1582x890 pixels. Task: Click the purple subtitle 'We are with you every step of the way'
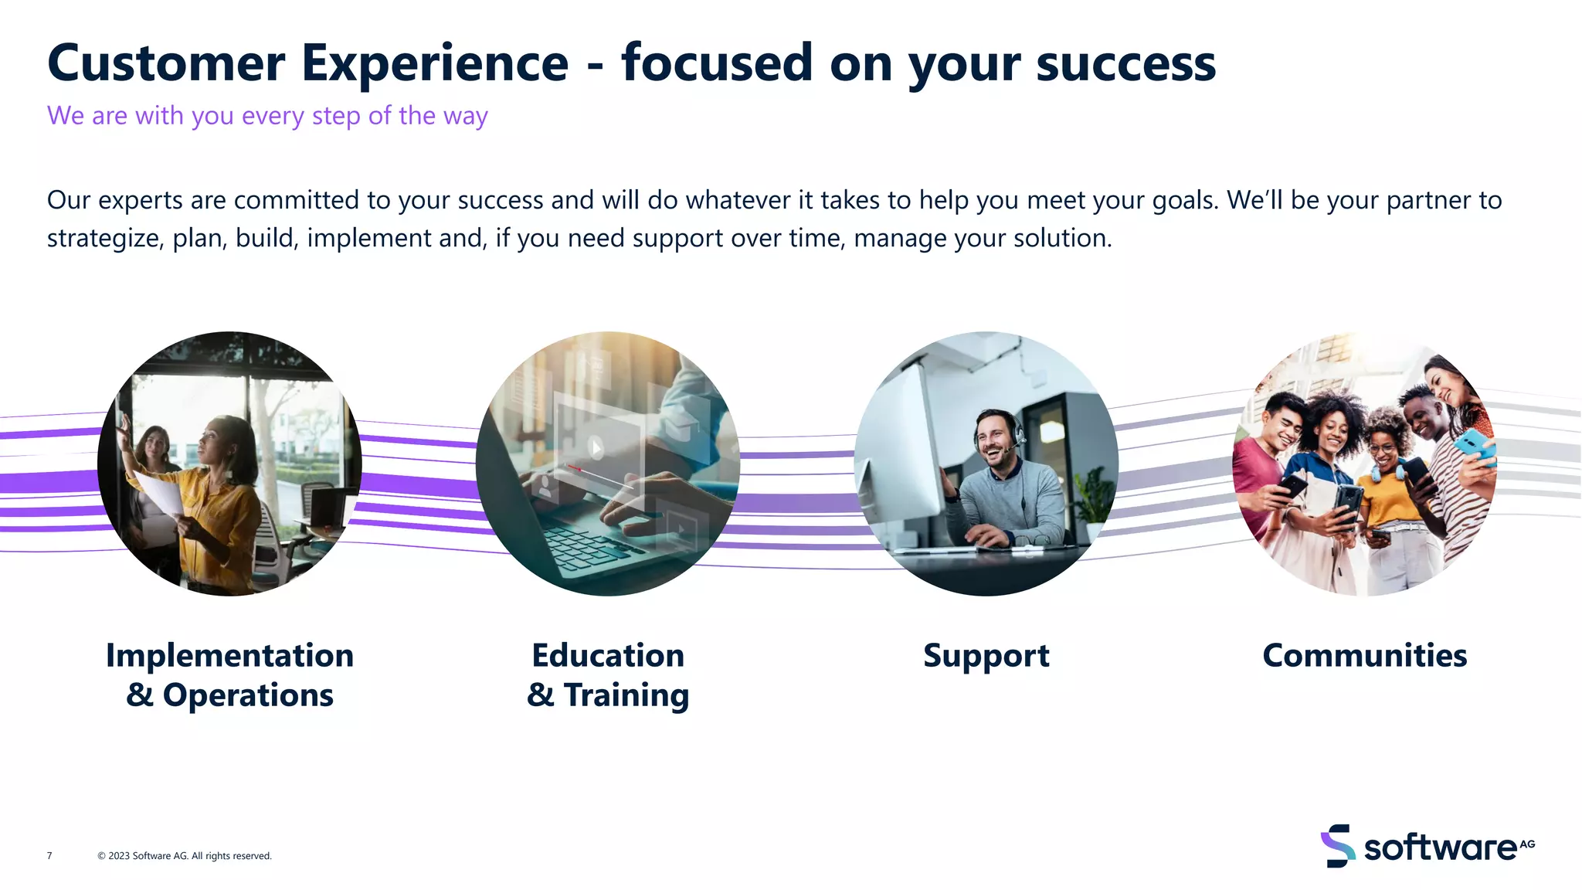[267, 116]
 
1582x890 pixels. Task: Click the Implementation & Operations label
[229, 675]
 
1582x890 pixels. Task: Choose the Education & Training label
[608, 675]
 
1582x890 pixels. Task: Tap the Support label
[986, 656]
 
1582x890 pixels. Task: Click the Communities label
[1364, 656]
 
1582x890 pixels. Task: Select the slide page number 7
[49, 856]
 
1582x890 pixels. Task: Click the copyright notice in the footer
[185, 856]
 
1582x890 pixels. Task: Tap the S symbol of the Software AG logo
[1337, 846]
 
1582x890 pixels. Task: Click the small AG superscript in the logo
[1527, 844]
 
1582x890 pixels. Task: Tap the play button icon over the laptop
[596, 447]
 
